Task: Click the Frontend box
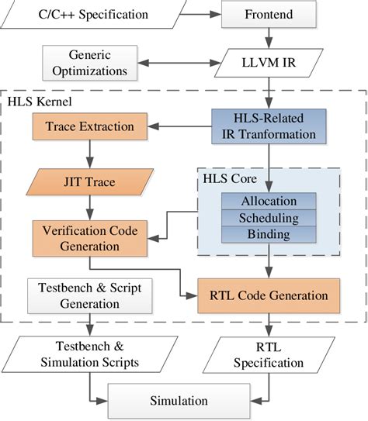click(x=269, y=13)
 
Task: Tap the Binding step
click(x=269, y=234)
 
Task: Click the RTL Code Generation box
click(x=269, y=295)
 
